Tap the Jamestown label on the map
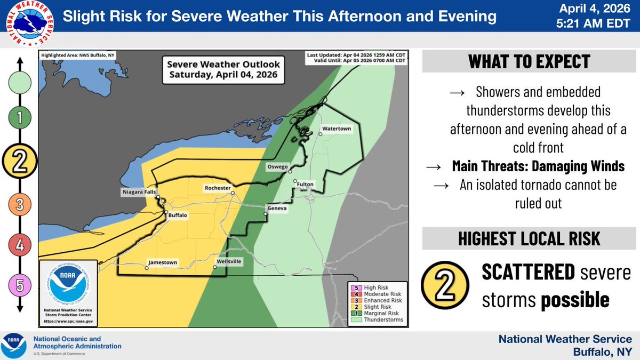[x=163, y=262]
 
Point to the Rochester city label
[x=217, y=188]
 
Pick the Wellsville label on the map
[x=228, y=262]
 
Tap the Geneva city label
[x=277, y=208]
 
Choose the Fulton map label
[x=306, y=185]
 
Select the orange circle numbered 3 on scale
[x=20, y=204]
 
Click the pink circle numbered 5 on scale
[x=20, y=286]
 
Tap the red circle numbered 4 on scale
[x=20, y=245]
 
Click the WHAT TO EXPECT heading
[x=529, y=61]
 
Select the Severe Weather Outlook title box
[x=223, y=69]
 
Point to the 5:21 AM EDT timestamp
[x=601, y=23]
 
